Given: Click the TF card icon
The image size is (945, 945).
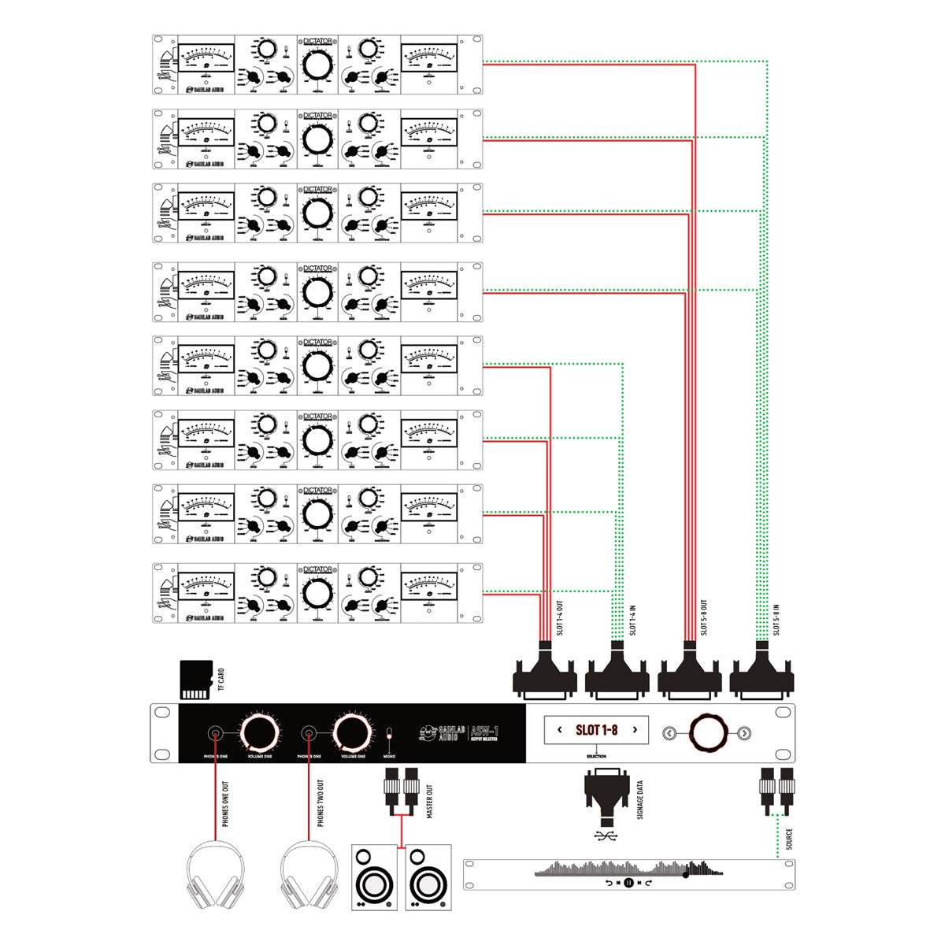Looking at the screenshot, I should pos(195,680).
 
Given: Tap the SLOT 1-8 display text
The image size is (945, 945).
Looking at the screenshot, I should pos(596,730).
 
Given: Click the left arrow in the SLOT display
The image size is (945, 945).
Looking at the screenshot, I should pos(560,730).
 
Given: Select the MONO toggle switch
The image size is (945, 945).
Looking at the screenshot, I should pos(389,736).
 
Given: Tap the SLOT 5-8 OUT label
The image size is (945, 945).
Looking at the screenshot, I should pos(703,617).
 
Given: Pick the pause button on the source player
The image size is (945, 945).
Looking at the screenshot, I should pos(628,883).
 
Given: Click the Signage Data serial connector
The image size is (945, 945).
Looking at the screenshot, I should pos(606,797).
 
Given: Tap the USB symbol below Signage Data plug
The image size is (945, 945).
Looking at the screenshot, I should pos(606,835).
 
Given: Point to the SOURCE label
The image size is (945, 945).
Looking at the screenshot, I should pos(789,839).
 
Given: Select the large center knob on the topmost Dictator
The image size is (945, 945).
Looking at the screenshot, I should pos(317,65).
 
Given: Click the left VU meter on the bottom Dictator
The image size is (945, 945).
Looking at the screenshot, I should pos(206,586).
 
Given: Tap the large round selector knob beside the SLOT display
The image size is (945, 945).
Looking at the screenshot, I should pos(706,732).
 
